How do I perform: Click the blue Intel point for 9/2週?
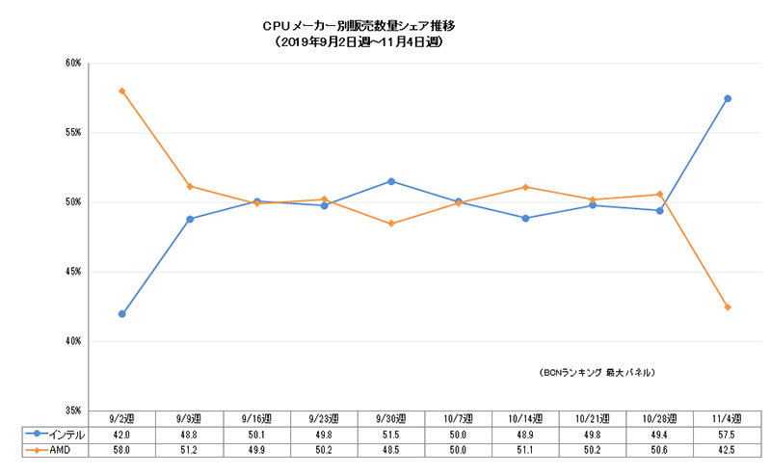122,314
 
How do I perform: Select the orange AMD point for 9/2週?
122,91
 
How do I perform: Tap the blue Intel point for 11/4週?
727,98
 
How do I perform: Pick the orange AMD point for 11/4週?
727,307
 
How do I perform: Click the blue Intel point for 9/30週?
390,181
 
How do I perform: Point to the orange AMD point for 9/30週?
390,224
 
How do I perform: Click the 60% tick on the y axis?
72,64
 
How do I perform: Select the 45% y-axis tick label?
72,272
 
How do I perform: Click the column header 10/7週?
458,418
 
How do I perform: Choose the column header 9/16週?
256,418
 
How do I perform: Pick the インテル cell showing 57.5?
727,434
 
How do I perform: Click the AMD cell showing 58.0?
122,449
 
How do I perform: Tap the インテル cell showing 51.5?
390,434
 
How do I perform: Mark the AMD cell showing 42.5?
727,449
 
